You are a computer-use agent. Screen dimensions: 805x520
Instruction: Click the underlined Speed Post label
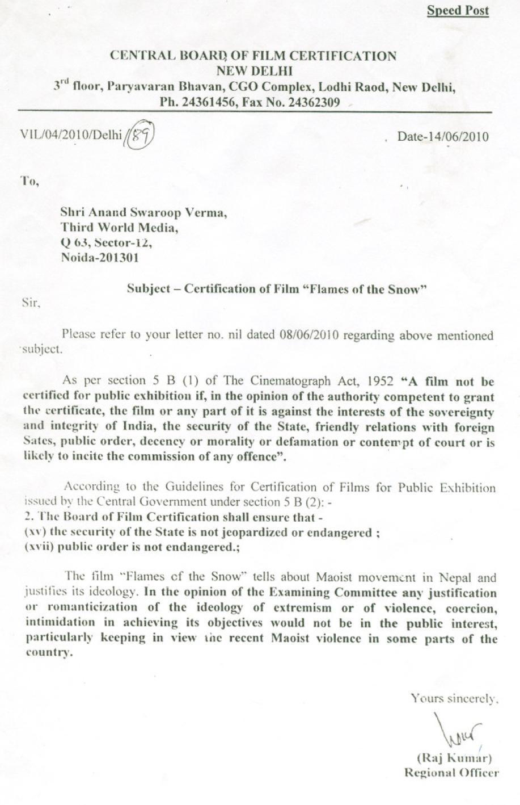pos(458,11)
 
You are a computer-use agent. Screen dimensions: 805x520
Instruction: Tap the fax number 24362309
pos(314,102)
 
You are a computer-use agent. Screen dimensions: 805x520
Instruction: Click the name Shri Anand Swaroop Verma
pos(144,213)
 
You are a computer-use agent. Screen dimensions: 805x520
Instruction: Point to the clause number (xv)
pos(36,533)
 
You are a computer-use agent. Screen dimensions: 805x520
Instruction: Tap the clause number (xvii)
pos(39,548)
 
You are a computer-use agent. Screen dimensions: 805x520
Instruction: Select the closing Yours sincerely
pos(454,699)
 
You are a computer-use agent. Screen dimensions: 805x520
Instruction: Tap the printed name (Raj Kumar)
pos(454,757)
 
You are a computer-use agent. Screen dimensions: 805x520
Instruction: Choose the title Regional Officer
pos(451,772)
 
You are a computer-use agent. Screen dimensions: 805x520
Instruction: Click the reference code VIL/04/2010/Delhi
pos(71,135)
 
